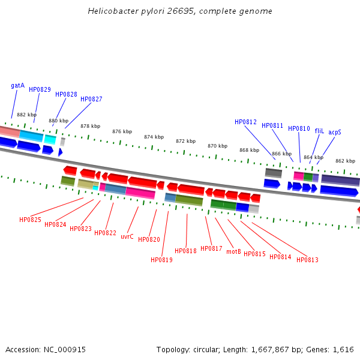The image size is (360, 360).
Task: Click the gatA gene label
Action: (18, 86)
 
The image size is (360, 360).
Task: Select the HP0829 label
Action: (40, 90)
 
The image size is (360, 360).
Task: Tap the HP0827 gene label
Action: (91, 100)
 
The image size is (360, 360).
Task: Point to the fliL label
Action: (319, 131)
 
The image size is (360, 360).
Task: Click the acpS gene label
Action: (335, 132)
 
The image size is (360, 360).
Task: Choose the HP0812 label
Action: (245, 122)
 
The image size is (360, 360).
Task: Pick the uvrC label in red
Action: (127, 237)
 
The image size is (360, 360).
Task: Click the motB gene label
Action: (233, 252)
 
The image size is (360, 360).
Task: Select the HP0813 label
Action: (307, 260)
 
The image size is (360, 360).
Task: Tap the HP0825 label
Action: (30, 220)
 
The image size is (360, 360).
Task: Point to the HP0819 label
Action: (161, 260)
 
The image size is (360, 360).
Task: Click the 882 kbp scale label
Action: (26, 115)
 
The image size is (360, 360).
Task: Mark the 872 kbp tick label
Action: (185, 142)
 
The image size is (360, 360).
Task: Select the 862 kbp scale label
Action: (345, 161)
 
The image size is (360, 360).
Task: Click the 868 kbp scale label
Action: (249, 151)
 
